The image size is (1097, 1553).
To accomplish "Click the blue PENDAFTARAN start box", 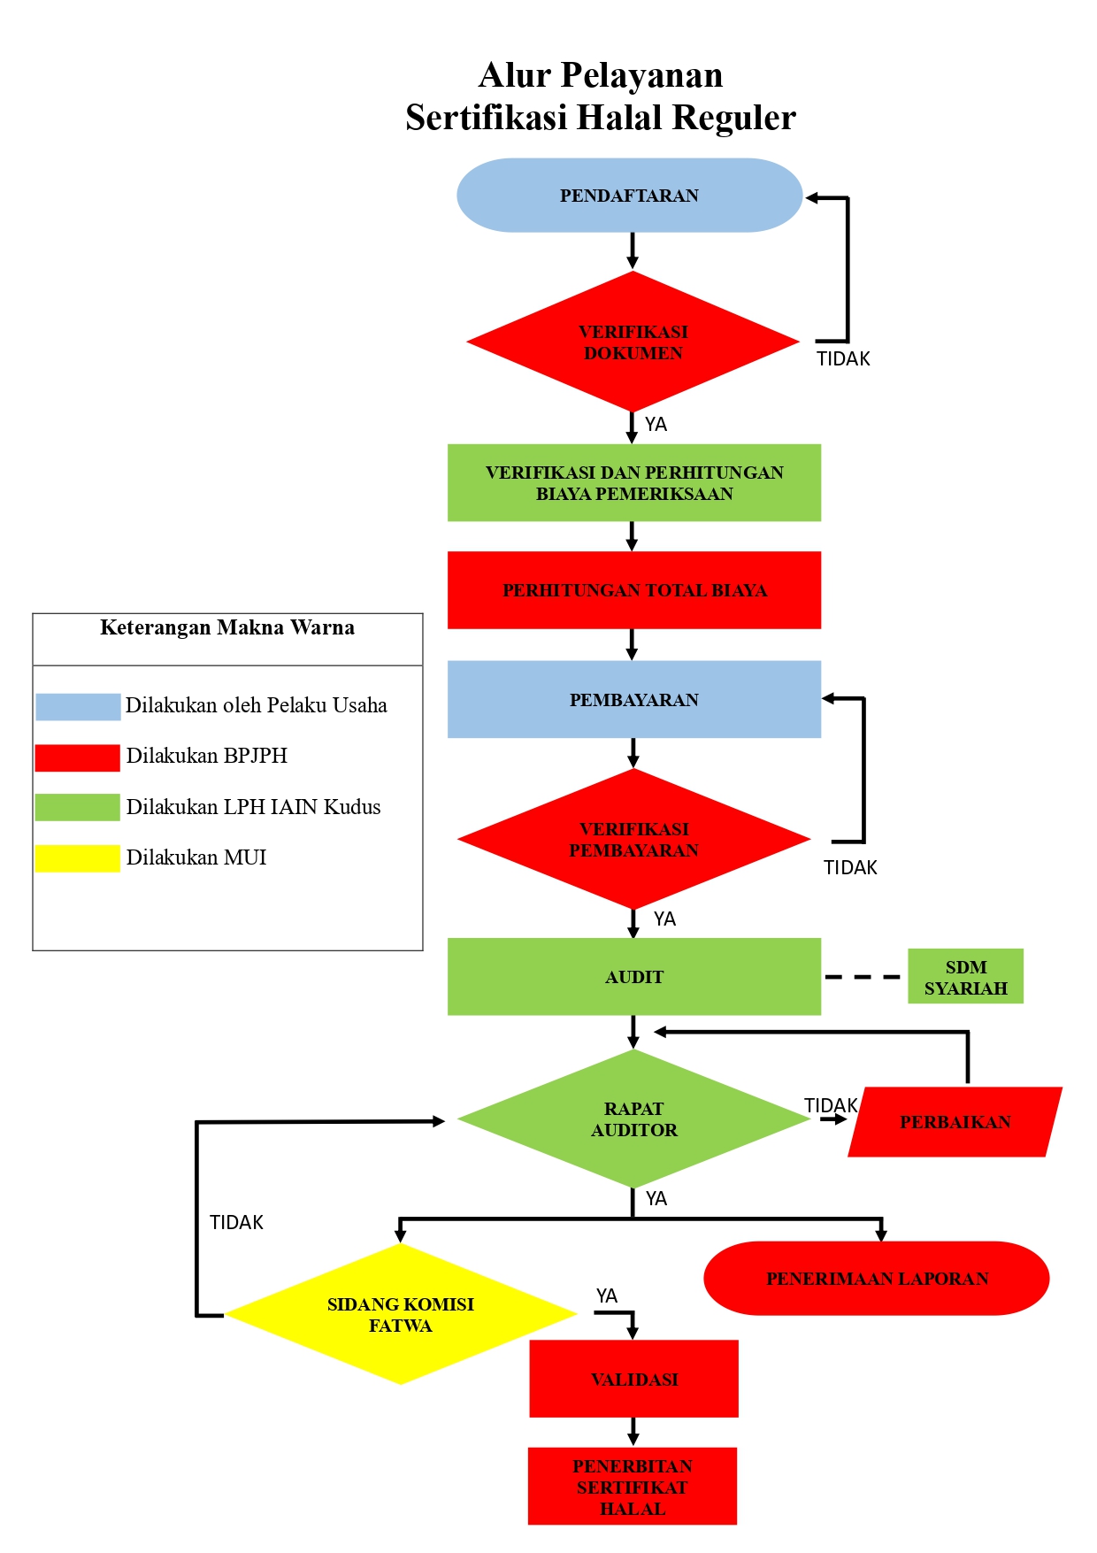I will (x=629, y=196).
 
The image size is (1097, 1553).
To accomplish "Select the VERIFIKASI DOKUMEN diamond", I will (x=633, y=342).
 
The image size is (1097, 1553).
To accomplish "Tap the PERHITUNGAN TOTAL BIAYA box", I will (x=633, y=590).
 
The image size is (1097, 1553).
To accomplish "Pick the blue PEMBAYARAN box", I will (x=633, y=699).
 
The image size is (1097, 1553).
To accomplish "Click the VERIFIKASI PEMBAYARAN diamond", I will (x=633, y=839).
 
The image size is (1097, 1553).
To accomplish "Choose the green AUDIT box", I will (x=633, y=977).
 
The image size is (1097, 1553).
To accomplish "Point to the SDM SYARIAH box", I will (x=965, y=977).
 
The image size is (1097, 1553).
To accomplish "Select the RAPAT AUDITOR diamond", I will (x=633, y=1119).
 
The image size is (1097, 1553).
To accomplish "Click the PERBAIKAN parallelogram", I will (x=955, y=1122).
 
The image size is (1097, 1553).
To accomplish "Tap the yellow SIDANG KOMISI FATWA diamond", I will (x=401, y=1314).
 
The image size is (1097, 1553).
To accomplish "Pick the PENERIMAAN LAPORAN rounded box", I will (x=876, y=1279).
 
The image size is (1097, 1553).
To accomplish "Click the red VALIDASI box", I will (x=633, y=1379).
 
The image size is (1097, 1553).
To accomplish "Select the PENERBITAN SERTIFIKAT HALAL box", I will (x=633, y=1487).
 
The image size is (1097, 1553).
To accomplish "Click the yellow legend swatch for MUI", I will (x=78, y=858).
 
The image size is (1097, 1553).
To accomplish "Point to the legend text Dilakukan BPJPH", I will (x=207, y=756).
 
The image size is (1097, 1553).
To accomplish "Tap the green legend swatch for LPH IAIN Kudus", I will (x=78, y=807).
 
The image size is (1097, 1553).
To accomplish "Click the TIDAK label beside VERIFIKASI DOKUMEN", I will (x=843, y=358).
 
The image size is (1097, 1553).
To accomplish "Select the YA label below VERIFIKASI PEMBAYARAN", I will (x=664, y=919).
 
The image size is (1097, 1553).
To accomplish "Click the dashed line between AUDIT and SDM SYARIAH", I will (x=863, y=977).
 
